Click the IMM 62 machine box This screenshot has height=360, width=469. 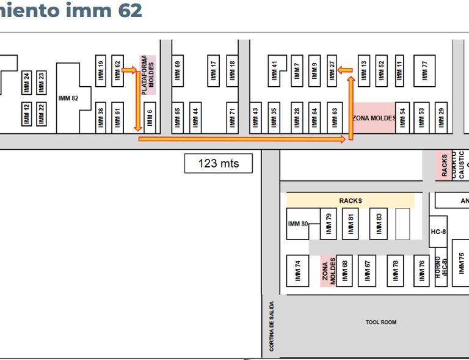tap(118, 71)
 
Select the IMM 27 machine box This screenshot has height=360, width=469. tap(332, 71)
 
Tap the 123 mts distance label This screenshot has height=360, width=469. tap(219, 163)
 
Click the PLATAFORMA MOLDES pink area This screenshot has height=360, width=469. tap(148, 74)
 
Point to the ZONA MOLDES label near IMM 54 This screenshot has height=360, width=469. tap(374, 118)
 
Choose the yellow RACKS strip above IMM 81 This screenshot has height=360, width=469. tap(350, 200)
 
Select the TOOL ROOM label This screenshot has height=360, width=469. tap(380, 322)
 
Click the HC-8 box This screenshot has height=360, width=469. tap(438, 232)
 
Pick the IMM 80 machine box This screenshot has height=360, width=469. tap(300, 224)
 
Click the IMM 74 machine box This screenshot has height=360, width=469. tap(298, 270)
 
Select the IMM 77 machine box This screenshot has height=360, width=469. tap(424, 71)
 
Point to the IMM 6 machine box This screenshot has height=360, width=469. tap(150, 116)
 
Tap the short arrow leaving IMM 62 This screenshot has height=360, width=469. tap(129, 70)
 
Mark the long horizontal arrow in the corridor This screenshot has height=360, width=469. tap(242, 139)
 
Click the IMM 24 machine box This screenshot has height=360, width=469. tap(26, 83)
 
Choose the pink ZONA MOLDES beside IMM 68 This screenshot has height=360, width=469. tap(329, 271)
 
